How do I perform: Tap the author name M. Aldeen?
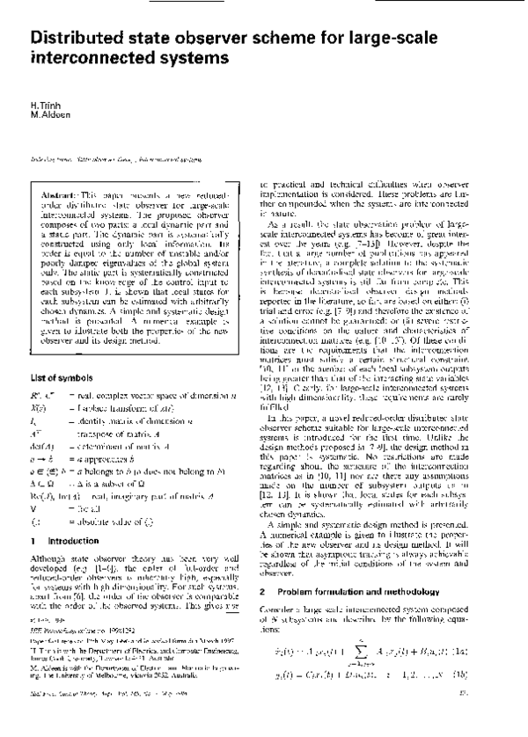48,114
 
